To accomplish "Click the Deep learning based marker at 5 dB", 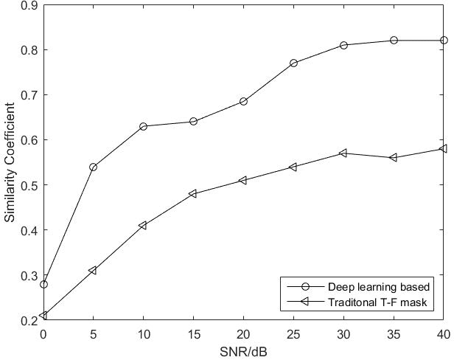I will (x=93, y=167).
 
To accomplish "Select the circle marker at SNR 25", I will (x=293, y=63).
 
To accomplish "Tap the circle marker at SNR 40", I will (x=444, y=40).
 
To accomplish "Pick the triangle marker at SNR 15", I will (x=193, y=194).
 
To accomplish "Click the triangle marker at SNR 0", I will (x=43, y=315).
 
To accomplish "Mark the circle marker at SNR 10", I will (x=143, y=126).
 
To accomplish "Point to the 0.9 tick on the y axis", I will (x=32, y=5).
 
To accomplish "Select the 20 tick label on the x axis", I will (x=243, y=333).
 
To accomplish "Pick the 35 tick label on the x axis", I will (x=394, y=333).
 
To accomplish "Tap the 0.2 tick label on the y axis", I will (x=32, y=320).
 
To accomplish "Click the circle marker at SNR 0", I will (x=43, y=284).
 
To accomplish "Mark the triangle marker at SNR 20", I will (x=243, y=180).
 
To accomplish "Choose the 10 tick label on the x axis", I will (x=143, y=333).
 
